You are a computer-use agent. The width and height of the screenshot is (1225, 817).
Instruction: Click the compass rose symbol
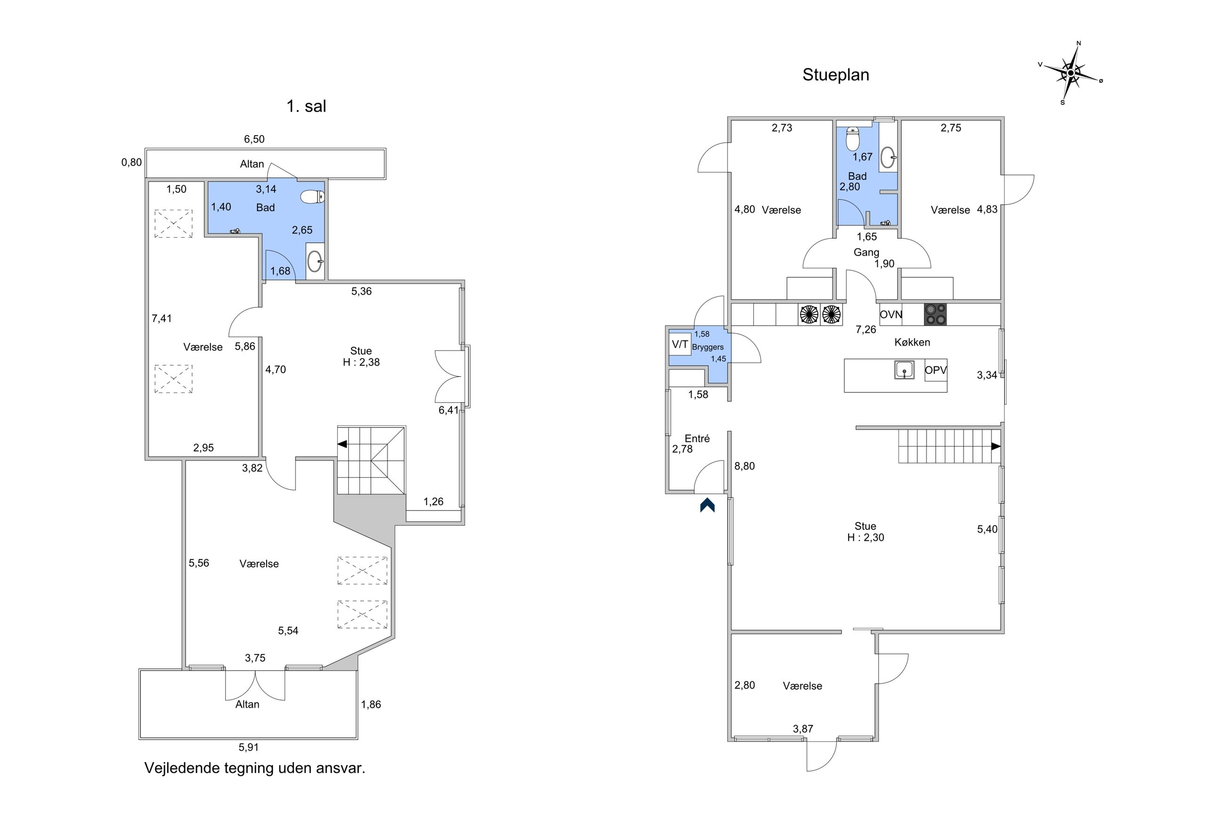coord(1070,73)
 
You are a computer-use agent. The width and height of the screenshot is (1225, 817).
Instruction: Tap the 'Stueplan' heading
coord(835,75)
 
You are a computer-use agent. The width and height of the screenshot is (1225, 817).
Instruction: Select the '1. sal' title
coord(306,106)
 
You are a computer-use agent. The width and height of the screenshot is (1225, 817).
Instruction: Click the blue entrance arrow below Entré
coord(707,505)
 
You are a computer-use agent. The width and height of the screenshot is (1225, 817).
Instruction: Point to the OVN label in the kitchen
coord(891,315)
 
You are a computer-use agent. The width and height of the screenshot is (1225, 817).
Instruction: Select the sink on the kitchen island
coord(904,370)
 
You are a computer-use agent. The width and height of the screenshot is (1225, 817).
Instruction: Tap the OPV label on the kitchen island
coord(936,371)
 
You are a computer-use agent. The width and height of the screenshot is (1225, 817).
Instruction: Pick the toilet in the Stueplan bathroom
coord(853,139)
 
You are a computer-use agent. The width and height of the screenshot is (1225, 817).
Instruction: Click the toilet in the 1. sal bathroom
coord(313,197)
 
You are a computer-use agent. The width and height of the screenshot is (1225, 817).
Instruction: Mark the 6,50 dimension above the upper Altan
coord(254,139)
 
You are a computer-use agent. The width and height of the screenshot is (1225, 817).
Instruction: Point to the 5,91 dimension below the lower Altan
coord(248,747)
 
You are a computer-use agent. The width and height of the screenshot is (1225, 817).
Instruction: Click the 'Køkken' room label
coord(912,342)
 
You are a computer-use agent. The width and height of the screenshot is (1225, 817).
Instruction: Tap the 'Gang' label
coord(866,252)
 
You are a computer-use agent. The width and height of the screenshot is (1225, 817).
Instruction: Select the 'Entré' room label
coord(697,439)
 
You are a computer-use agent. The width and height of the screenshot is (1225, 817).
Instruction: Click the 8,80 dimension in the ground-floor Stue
coord(744,466)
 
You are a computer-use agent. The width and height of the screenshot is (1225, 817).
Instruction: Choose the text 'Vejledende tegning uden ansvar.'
coord(254,768)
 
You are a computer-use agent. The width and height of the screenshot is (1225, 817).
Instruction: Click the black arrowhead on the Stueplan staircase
coord(996,446)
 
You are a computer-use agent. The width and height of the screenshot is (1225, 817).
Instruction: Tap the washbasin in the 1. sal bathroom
coord(314,262)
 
